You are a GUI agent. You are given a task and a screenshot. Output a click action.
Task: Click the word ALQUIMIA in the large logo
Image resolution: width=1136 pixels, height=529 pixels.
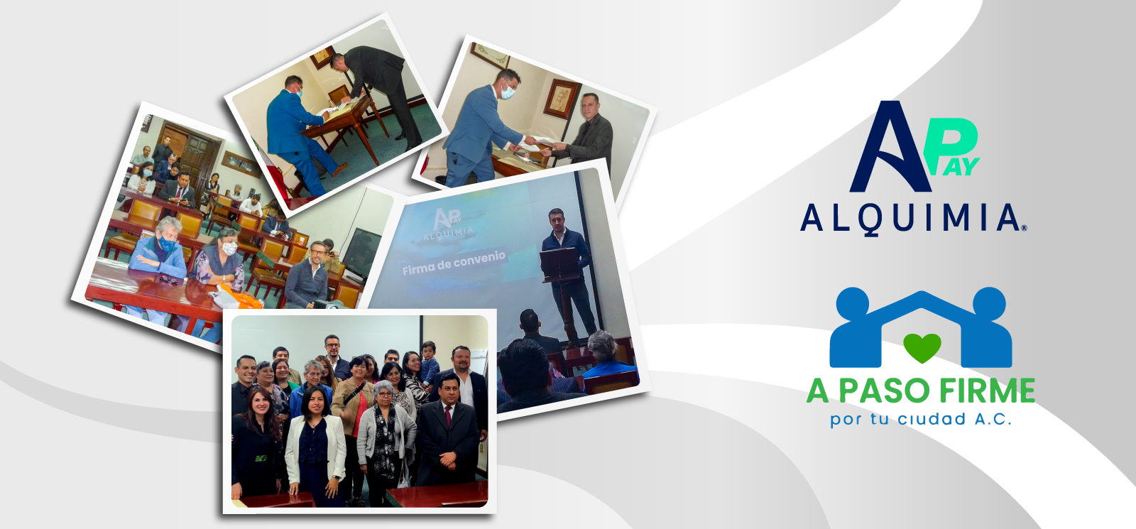pyautogui.click(x=913, y=219)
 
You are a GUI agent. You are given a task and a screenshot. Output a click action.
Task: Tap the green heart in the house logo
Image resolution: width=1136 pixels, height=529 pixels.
pyautogui.click(x=922, y=347)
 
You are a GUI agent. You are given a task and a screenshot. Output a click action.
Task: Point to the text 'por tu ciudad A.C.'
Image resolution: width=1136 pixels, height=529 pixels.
pyautogui.click(x=920, y=420)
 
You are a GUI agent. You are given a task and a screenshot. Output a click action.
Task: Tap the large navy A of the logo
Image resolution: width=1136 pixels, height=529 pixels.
pyautogui.click(x=890, y=146)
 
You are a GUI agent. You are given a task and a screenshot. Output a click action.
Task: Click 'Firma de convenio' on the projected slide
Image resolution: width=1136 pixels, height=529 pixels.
pyautogui.click(x=454, y=263)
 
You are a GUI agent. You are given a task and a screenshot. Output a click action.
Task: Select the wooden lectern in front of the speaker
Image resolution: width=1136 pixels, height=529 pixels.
pyautogui.click(x=559, y=263)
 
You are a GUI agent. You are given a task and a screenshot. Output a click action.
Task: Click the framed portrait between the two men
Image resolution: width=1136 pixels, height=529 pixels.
pyautogui.click(x=562, y=99)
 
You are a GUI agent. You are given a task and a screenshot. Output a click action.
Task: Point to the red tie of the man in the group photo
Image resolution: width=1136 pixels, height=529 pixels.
pyautogui.click(x=448, y=416)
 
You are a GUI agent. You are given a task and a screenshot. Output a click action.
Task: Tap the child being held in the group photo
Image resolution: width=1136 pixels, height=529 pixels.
pyautogui.click(x=429, y=362)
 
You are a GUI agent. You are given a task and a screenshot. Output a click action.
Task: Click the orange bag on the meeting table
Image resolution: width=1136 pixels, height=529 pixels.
pyautogui.click(x=239, y=298)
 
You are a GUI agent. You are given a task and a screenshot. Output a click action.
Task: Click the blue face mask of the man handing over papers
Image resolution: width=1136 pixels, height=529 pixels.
pyautogui.click(x=508, y=92)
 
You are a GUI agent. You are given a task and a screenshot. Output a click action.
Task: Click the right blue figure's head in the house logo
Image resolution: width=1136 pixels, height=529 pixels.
pyautogui.click(x=989, y=304)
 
